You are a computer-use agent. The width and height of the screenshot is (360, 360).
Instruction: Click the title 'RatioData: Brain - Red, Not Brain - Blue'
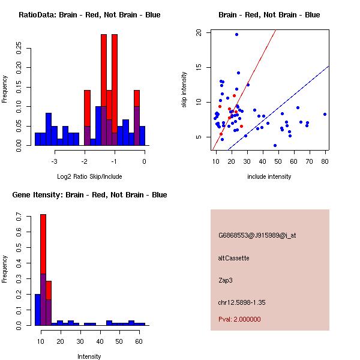click(89, 15)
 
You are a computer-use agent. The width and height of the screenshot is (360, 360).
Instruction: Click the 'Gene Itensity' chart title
click(89, 195)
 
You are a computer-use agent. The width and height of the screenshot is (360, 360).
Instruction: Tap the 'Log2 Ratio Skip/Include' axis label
click(89, 176)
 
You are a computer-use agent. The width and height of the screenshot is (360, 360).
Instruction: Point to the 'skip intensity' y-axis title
click(184, 90)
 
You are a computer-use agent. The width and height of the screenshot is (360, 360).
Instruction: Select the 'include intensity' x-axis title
click(269, 176)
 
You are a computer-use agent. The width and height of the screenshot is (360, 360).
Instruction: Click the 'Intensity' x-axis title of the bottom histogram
click(89, 356)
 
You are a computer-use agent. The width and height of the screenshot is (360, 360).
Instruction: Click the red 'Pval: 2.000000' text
click(239, 319)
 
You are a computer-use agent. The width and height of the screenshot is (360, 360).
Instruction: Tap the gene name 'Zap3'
click(225, 280)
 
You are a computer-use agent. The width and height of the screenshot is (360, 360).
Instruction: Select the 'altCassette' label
click(233, 258)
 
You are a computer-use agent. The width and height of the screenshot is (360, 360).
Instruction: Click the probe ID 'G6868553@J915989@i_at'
click(257, 235)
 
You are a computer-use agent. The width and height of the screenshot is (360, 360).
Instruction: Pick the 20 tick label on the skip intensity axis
click(199, 33)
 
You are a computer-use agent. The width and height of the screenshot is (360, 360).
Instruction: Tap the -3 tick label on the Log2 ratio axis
click(55, 161)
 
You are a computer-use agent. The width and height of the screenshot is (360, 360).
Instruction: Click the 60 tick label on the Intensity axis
click(139, 341)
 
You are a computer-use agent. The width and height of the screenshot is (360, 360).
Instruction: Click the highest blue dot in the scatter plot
click(236, 34)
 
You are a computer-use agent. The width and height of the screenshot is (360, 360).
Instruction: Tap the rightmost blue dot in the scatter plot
click(325, 114)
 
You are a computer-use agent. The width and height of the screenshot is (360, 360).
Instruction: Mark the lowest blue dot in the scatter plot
click(275, 145)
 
